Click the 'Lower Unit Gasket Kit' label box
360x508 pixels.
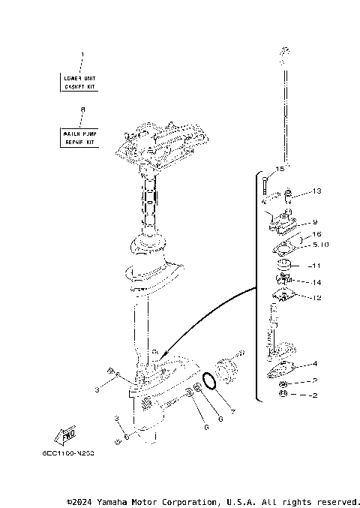(x=79, y=82)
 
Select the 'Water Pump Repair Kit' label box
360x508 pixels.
(x=79, y=137)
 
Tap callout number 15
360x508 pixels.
(x=279, y=169)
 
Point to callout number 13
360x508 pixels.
(x=316, y=191)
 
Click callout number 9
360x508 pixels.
(x=315, y=221)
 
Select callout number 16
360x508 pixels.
(x=316, y=234)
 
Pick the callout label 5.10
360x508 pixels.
(x=319, y=245)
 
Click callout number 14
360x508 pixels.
(x=316, y=282)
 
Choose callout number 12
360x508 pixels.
(x=316, y=298)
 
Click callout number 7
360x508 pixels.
(x=233, y=411)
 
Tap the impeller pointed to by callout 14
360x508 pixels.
(x=286, y=283)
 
